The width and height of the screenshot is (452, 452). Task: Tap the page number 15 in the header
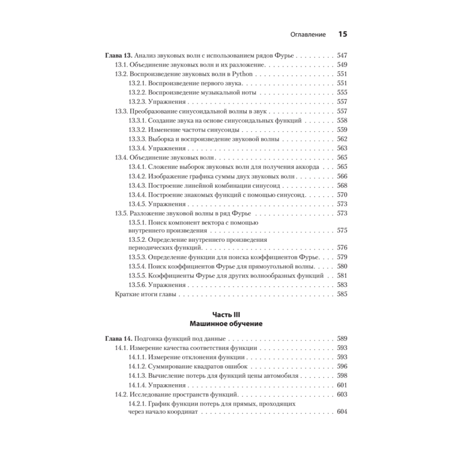click(x=342, y=34)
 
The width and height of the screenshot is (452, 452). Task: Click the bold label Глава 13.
click(x=118, y=56)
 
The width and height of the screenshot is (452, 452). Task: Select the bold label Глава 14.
click(x=118, y=338)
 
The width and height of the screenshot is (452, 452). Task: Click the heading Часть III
click(x=226, y=314)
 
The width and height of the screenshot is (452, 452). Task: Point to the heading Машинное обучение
click(x=226, y=324)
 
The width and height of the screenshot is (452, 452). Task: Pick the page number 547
click(x=342, y=56)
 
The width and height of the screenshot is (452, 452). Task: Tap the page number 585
click(x=342, y=294)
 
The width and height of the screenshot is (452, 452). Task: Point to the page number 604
click(x=342, y=413)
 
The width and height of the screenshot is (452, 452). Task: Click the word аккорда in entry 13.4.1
click(x=309, y=167)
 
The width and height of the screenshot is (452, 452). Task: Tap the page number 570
click(x=342, y=195)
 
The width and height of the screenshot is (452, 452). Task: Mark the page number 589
click(x=342, y=338)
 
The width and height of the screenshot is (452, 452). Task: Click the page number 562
click(x=342, y=139)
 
